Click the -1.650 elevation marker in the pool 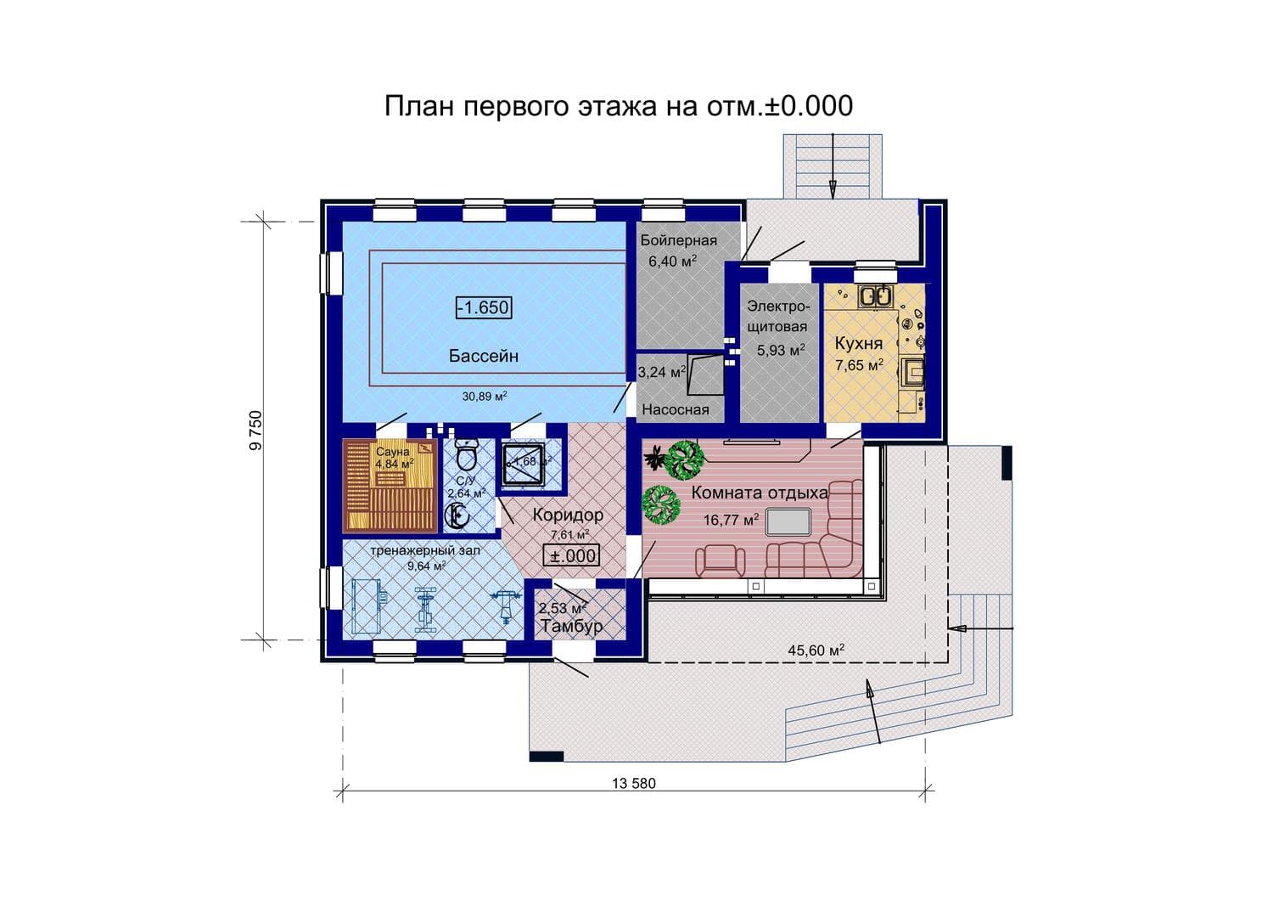pos(484,307)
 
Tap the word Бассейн pos(484,356)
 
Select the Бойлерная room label pos(679,240)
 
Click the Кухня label pos(859,344)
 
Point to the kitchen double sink pos(876,296)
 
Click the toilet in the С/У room pos(467,454)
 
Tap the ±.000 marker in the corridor pos(571,555)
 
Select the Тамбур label pos(571,626)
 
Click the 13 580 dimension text pos(634,783)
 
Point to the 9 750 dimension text pos(256,431)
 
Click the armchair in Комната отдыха pos(720,560)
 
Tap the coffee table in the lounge pos(788,521)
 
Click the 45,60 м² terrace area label pos(816,650)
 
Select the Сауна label pos(393,452)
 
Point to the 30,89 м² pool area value pos(485,396)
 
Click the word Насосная pos(676,409)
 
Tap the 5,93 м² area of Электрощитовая pos(781,350)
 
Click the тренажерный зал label pos(425,550)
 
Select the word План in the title pos(419,106)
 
